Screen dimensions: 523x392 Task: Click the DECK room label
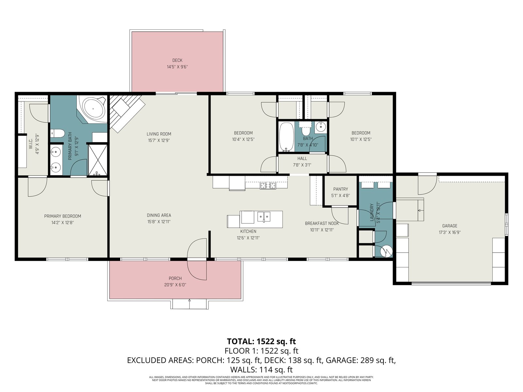click(177, 60)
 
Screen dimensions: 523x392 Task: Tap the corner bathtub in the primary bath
click(93, 109)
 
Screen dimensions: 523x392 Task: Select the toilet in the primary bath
click(58, 133)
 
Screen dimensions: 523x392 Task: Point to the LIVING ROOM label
click(159, 134)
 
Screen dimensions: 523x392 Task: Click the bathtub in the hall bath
click(286, 137)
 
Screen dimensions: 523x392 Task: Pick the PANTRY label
click(341, 189)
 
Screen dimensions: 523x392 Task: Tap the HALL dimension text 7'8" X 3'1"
click(302, 165)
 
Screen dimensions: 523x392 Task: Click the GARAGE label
click(449, 226)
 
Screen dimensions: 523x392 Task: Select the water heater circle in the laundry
click(386, 251)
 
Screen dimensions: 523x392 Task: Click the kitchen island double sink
click(264, 216)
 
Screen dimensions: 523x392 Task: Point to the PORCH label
click(175, 278)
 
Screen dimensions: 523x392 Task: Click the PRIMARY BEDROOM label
click(63, 216)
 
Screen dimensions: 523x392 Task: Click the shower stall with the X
click(97, 160)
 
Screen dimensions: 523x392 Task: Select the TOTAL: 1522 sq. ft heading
click(261, 341)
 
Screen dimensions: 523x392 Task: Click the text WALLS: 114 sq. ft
click(261, 370)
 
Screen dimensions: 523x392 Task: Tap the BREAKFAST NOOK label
click(322, 223)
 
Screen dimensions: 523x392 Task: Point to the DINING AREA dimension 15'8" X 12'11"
click(159, 222)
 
